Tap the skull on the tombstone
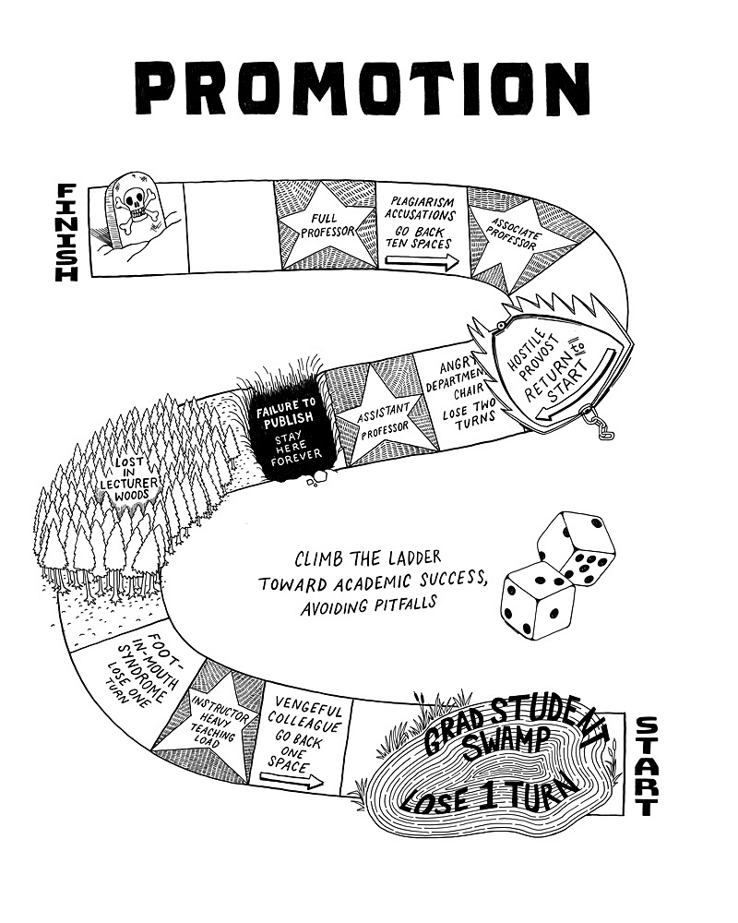[137, 204]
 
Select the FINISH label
[67, 231]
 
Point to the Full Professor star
[324, 223]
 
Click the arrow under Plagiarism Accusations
[420, 263]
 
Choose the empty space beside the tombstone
[230, 226]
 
